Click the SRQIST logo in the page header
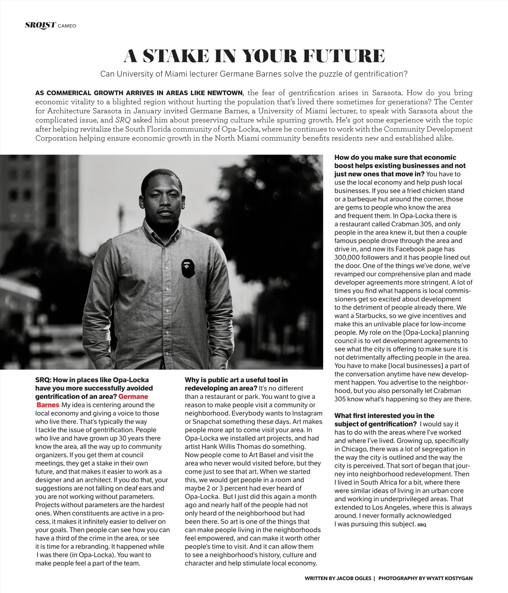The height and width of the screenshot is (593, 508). tap(40, 25)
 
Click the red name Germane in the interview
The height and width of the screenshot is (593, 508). tap(133, 396)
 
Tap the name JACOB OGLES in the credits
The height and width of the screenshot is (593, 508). tap(352, 578)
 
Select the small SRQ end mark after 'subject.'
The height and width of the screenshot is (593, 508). tap(422, 525)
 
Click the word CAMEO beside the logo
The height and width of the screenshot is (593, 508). tap(66, 26)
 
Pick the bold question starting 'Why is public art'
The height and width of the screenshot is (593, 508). tap(236, 384)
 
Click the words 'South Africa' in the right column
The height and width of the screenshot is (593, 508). tap(388, 483)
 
